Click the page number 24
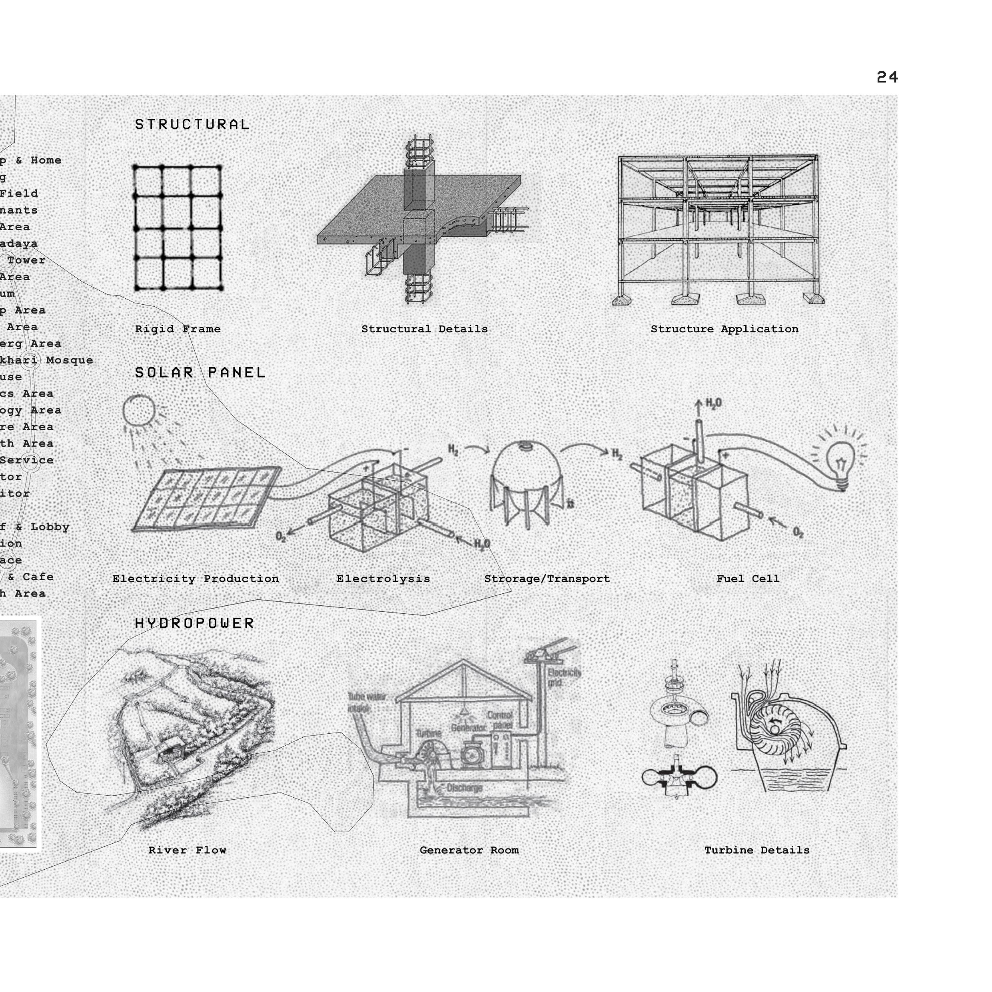(x=887, y=77)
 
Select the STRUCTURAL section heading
(x=192, y=124)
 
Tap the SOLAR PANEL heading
(x=200, y=372)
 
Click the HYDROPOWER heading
(x=194, y=623)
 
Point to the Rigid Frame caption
(x=178, y=329)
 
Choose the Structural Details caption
(x=424, y=329)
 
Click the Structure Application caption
(x=724, y=329)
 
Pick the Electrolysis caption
(x=383, y=579)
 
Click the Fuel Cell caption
(x=748, y=579)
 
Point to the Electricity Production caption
(x=195, y=579)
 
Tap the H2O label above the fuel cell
(x=714, y=403)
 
